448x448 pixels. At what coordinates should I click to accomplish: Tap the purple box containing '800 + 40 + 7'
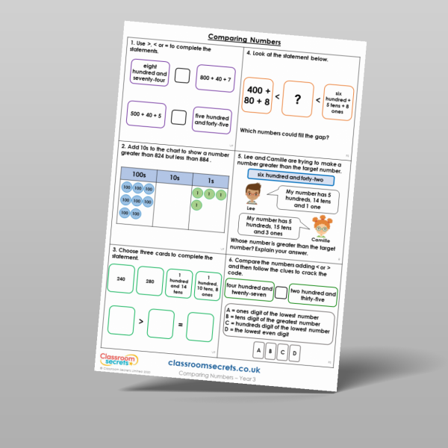[x=214, y=78]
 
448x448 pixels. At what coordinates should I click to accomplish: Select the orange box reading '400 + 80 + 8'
[x=258, y=94]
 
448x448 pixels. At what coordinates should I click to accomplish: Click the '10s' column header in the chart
[x=173, y=178]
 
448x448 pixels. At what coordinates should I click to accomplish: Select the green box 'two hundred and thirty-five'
[x=313, y=296]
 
